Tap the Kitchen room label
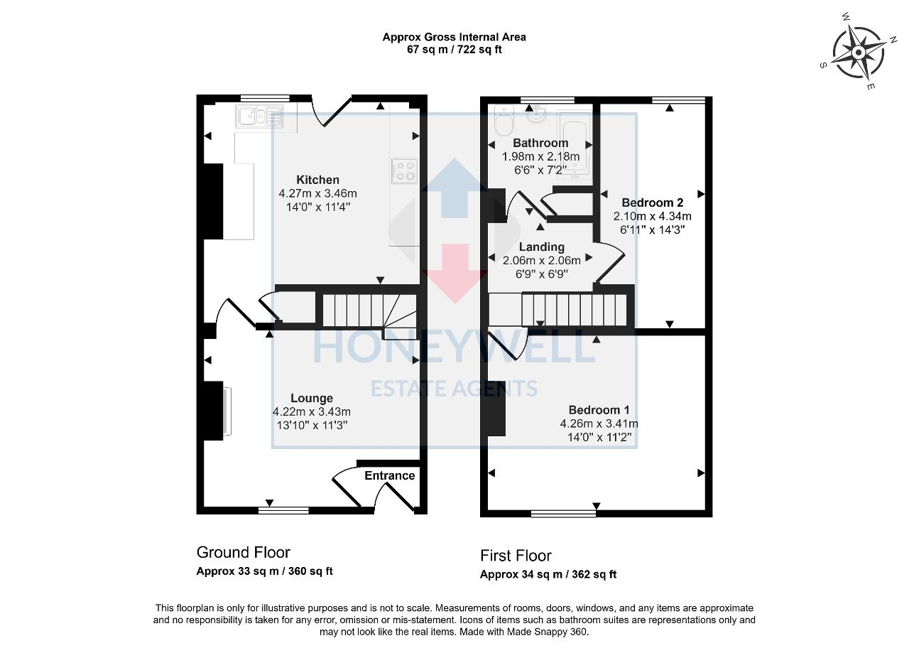317,180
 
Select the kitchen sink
259,115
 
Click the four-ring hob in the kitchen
403,171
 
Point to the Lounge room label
311,398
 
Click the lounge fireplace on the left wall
226,411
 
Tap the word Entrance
389,475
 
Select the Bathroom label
540,143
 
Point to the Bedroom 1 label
599,410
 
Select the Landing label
541,247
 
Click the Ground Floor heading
243,552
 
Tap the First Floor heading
516,556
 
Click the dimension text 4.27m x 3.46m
317,193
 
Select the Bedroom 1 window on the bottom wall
563,512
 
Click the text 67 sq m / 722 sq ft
454,50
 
